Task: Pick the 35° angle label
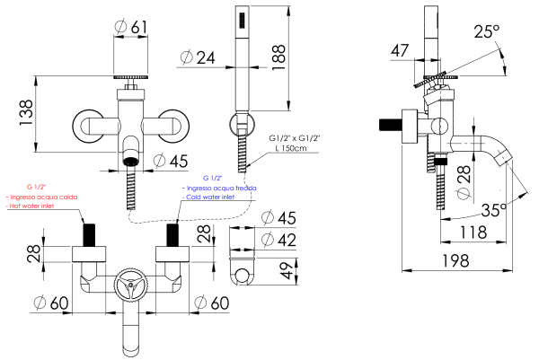[x=493, y=209]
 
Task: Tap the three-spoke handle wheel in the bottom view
[x=134, y=290]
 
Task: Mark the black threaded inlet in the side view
[x=391, y=124]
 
